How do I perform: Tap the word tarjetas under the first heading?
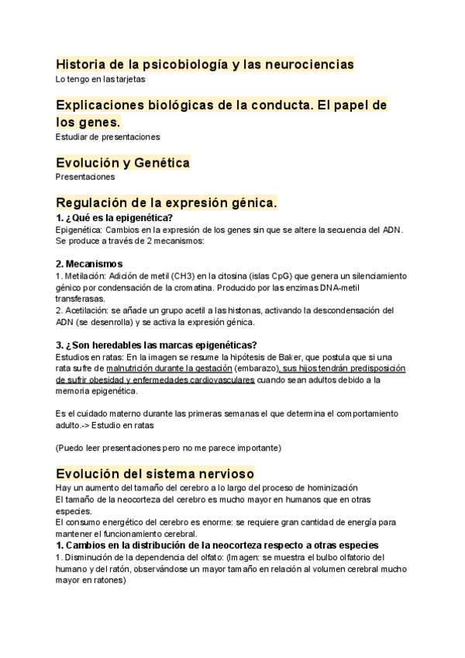[x=128, y=79]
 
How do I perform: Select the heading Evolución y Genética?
[x=122, y=163]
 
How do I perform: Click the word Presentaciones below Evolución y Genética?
[x=85, y=177]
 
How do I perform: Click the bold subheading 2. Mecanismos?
[x=89, y=264]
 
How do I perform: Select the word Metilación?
[x=84, y=276]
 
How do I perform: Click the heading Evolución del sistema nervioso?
[x=155, y=473]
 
